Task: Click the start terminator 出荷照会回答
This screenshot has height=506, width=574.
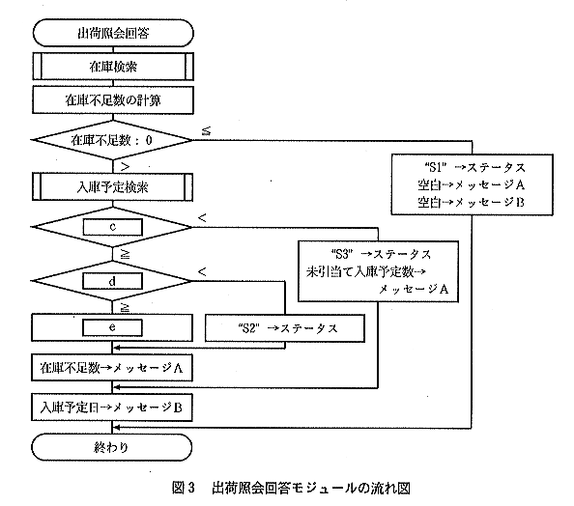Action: coord(113,33)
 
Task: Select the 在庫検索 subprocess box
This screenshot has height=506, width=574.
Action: coord(113,67)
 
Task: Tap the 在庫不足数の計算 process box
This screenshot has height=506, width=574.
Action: coord(113,99)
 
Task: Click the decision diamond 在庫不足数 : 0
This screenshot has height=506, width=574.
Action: coord(112,140)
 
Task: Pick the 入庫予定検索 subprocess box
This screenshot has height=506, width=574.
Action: coord(112,187)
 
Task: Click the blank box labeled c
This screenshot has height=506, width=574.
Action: coord(112,227)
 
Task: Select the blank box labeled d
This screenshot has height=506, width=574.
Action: coord(112,281)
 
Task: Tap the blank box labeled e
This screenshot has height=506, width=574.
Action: coord(112,327)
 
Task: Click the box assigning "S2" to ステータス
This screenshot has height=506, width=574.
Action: coord(285,328)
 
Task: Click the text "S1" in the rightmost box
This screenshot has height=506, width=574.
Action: coord(435,167)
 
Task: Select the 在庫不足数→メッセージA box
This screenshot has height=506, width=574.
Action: coord(112,367)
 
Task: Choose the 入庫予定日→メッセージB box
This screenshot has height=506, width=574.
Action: coord(112,408)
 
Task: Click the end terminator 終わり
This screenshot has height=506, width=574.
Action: coord(112,447)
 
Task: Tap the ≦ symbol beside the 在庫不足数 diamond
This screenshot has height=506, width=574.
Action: coord(207,130)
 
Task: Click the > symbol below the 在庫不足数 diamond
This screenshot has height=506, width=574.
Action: coord(126,167)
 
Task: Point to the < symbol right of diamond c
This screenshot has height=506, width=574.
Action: coord(202,218)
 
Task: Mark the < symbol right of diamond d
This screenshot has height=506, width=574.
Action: coord(202,272)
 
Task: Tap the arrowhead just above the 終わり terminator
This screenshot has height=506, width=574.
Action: coord(116,428)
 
